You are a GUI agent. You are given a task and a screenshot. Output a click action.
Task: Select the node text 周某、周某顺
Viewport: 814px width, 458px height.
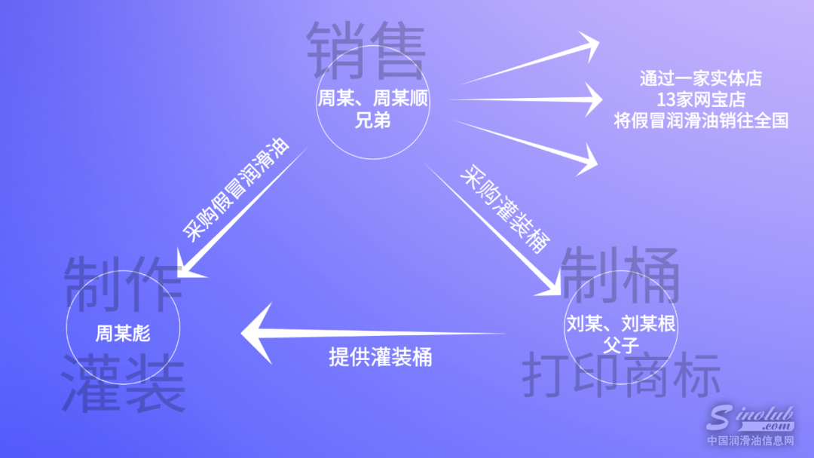tap(373, 100)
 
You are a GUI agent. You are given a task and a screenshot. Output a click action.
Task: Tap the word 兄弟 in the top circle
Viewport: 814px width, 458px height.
tap(373, 120)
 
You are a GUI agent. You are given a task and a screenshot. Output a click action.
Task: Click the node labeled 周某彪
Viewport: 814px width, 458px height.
tap(123, 333)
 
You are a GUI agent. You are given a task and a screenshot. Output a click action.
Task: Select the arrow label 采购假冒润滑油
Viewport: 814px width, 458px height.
tap(237, 189)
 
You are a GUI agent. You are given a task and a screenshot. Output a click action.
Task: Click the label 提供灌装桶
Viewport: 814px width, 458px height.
tap(381, 356)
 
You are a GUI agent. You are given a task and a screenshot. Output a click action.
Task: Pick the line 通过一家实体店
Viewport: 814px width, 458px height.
tap(701, 78)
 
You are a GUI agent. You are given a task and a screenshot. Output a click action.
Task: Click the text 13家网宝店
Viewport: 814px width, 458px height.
tap(701, 99)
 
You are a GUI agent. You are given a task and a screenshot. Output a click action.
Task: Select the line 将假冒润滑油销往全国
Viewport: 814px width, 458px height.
tap(701, 120)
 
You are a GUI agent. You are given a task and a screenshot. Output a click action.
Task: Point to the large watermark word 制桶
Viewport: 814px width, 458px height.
tap(620, 275)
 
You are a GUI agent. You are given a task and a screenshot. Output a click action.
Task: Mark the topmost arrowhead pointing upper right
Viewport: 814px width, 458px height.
tap(587, 46)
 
